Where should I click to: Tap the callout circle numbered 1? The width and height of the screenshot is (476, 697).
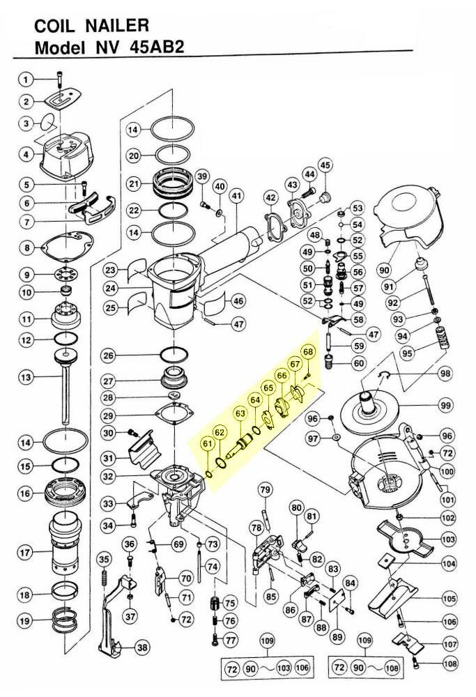pyautogui.click(x=26, y=78)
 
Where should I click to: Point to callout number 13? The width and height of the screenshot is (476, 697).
pyautogui.click(x=26, y=377)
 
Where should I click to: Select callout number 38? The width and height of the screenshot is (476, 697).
pyautogui.click(x=142, y=648)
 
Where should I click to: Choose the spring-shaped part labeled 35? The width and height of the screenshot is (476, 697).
pyautogui.click(x=105, y=578)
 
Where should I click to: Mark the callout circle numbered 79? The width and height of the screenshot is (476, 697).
pyautogui.click(x=265, y=490)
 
